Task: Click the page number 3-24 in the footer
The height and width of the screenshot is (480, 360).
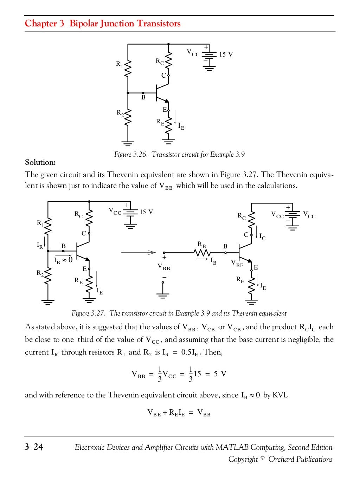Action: pos(34,447)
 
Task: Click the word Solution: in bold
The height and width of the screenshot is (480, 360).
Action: pos(40,162)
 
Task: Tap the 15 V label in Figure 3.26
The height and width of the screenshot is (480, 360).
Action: pos(226,54)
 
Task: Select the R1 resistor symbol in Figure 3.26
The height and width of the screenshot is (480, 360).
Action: pos(128,68)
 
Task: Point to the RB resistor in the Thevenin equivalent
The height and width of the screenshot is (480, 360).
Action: pos(202,252)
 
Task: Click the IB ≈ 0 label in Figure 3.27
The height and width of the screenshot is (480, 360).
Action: pos(63,260)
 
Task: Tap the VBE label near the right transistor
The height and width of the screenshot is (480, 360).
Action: pos(237,263)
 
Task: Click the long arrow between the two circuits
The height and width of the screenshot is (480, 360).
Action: pos(138,252)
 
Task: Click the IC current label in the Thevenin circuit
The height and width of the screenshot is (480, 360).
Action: pos(262,237)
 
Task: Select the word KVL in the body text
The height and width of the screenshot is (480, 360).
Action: pos(280,395)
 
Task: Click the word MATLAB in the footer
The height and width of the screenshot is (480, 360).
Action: pos(232,447)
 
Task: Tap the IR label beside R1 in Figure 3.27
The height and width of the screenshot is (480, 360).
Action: pos(40,246)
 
